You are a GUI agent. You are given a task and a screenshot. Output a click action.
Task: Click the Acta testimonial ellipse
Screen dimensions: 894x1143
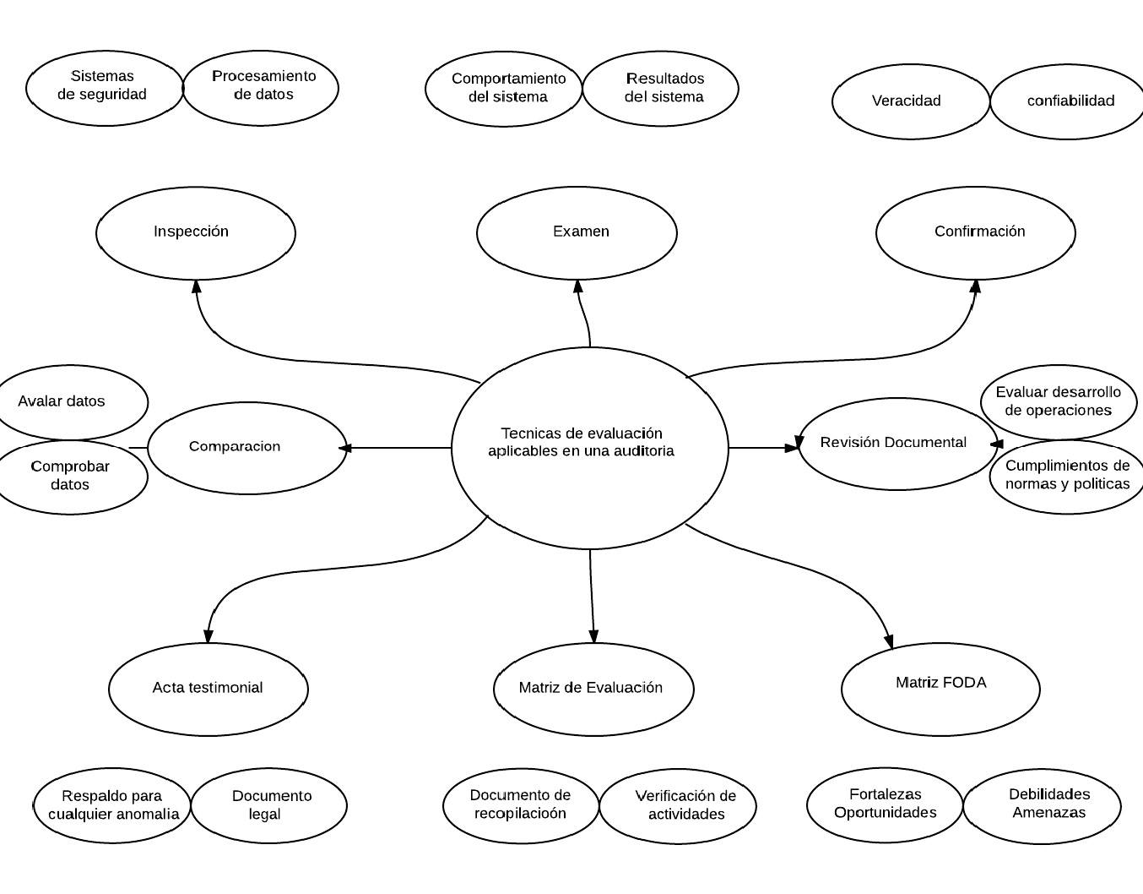pyautogui.click(x=208, y=688)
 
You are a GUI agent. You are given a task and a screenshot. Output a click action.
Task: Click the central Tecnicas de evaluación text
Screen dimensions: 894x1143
pyautogui.click(x=581, y=442)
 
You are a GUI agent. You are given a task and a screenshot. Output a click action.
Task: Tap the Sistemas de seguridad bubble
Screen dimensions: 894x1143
pyautogui.click(x=103, y=86)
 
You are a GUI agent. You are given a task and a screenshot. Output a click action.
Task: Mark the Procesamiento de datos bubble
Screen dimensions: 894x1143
pyautogui.click(x=262, y=86)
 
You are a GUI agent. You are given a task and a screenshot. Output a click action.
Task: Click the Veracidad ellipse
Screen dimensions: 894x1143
pyautogui.click(x=907, y=101)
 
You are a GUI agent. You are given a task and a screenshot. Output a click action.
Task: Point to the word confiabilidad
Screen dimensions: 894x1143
pyautogui.click(x=1070, y=101)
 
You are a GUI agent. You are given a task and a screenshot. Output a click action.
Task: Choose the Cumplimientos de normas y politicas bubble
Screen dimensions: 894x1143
pyautogui.click(x=1067, y=476)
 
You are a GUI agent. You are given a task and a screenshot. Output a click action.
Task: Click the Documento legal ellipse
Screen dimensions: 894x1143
pyautogui.click(x=269, y=805)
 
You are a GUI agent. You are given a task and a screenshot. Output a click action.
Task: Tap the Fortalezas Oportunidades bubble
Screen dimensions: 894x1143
pyautogui.click(x=885, y=804)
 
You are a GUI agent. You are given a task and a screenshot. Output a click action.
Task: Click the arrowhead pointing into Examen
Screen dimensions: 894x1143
pyautogui.click(x=578, y=287)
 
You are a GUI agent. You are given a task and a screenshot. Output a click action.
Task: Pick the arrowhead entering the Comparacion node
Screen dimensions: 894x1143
pyautogui.click(x=343, y=448)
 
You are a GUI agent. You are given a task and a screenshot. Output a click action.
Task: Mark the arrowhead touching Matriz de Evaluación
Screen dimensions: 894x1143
pyautogui.click(x=593, y=637)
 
